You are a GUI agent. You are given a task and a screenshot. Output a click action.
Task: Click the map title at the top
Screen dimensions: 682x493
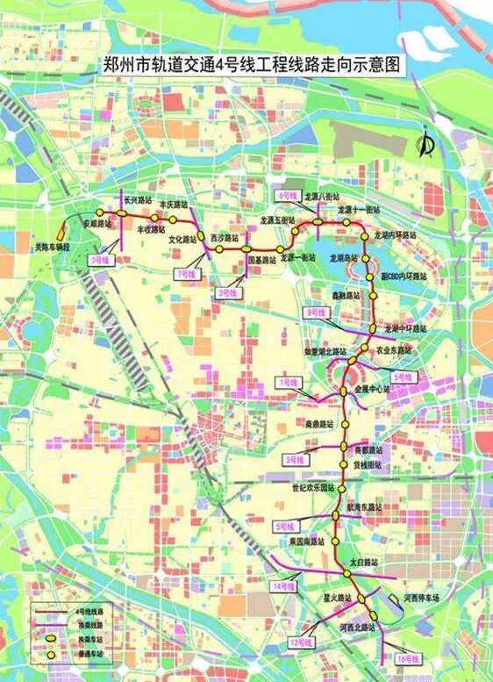click(x=246, y=65)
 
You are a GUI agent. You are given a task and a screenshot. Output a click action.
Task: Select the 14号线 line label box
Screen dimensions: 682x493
click(x=282, y=585)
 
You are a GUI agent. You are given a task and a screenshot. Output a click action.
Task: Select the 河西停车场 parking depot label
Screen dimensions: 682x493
click(x=421, y=597)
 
